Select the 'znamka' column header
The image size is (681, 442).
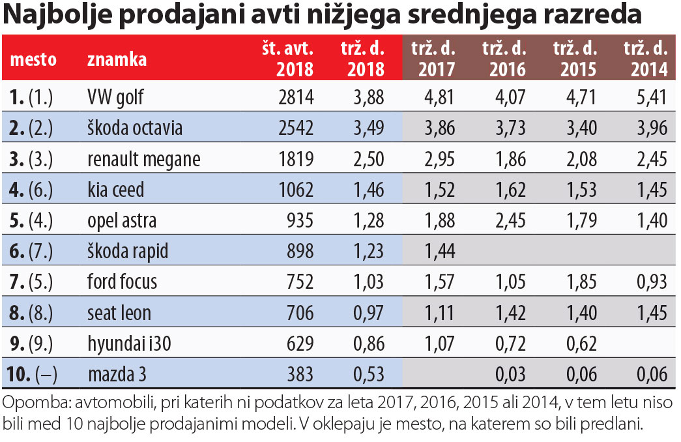tap(117, 59)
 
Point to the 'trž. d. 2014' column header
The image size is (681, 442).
tap(646, 59)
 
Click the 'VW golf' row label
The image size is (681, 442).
tap(115, 97)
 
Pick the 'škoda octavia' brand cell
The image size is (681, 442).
tap(135, 128)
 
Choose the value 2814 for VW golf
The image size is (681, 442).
tap(296, 97)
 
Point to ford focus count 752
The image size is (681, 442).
tap(300, 282)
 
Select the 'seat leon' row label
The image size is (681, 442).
tap(119, 313)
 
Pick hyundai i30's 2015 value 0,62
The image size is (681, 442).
tap(581, 344)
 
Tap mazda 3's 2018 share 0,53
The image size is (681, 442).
tap(368, 374)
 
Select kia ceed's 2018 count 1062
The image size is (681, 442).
tap(296, 190)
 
